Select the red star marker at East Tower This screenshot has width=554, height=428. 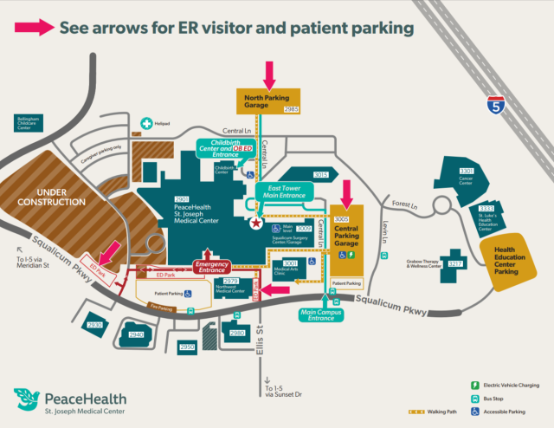255,224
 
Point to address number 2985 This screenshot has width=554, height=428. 291,110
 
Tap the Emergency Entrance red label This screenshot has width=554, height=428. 211,266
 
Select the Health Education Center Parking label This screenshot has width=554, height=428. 511,261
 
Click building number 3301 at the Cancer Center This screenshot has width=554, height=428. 467,172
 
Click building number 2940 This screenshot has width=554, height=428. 136,334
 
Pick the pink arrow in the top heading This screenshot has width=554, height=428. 34,28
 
